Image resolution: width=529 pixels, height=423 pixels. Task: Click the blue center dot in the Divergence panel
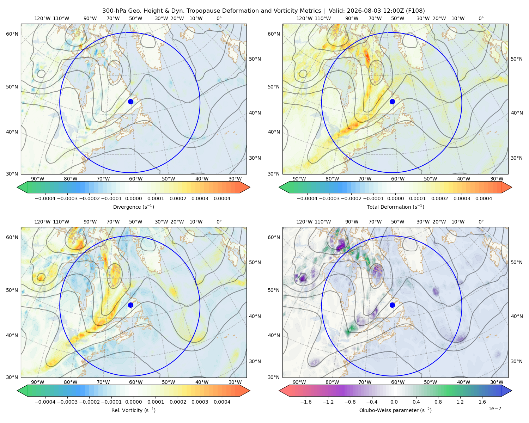(x=130, y=102)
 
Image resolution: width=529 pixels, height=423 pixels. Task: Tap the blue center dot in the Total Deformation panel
(x=392, y=102)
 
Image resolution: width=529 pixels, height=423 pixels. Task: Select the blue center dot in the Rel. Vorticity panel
(x=130, y=305)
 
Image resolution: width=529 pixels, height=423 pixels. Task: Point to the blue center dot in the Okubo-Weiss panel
(x=392, y=305)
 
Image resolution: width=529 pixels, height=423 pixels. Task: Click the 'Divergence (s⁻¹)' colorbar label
(x=133, y=207)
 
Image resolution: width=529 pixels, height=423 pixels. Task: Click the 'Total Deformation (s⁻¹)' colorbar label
(x=395, y=207)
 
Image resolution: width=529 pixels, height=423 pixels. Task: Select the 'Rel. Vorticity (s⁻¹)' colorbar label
(x=133, y=410)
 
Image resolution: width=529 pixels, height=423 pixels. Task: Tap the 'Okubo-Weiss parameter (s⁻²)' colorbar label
(x=395, y=410)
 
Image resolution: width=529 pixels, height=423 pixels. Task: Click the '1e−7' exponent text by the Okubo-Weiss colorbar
(x=494, y=409)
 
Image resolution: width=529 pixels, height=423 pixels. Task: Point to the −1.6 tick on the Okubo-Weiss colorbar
(x=306, y=402)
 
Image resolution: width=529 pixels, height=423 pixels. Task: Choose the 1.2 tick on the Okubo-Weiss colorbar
(x=460, y=402)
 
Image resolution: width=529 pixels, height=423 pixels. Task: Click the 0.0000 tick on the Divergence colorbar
(x=133, y=198)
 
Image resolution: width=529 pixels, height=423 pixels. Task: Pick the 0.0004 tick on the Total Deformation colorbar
(x=484, y=198)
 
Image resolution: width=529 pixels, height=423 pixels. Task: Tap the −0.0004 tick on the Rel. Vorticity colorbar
(x=45, y=402)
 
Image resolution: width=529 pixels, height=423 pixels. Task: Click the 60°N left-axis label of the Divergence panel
(x=12, y=34)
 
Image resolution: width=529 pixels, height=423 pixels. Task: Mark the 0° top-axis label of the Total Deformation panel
(x=481, y=18)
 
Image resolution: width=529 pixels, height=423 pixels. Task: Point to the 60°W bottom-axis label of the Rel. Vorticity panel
(x=136, y=382)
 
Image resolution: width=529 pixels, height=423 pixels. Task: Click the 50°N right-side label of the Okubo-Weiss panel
(x=516, y=262)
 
